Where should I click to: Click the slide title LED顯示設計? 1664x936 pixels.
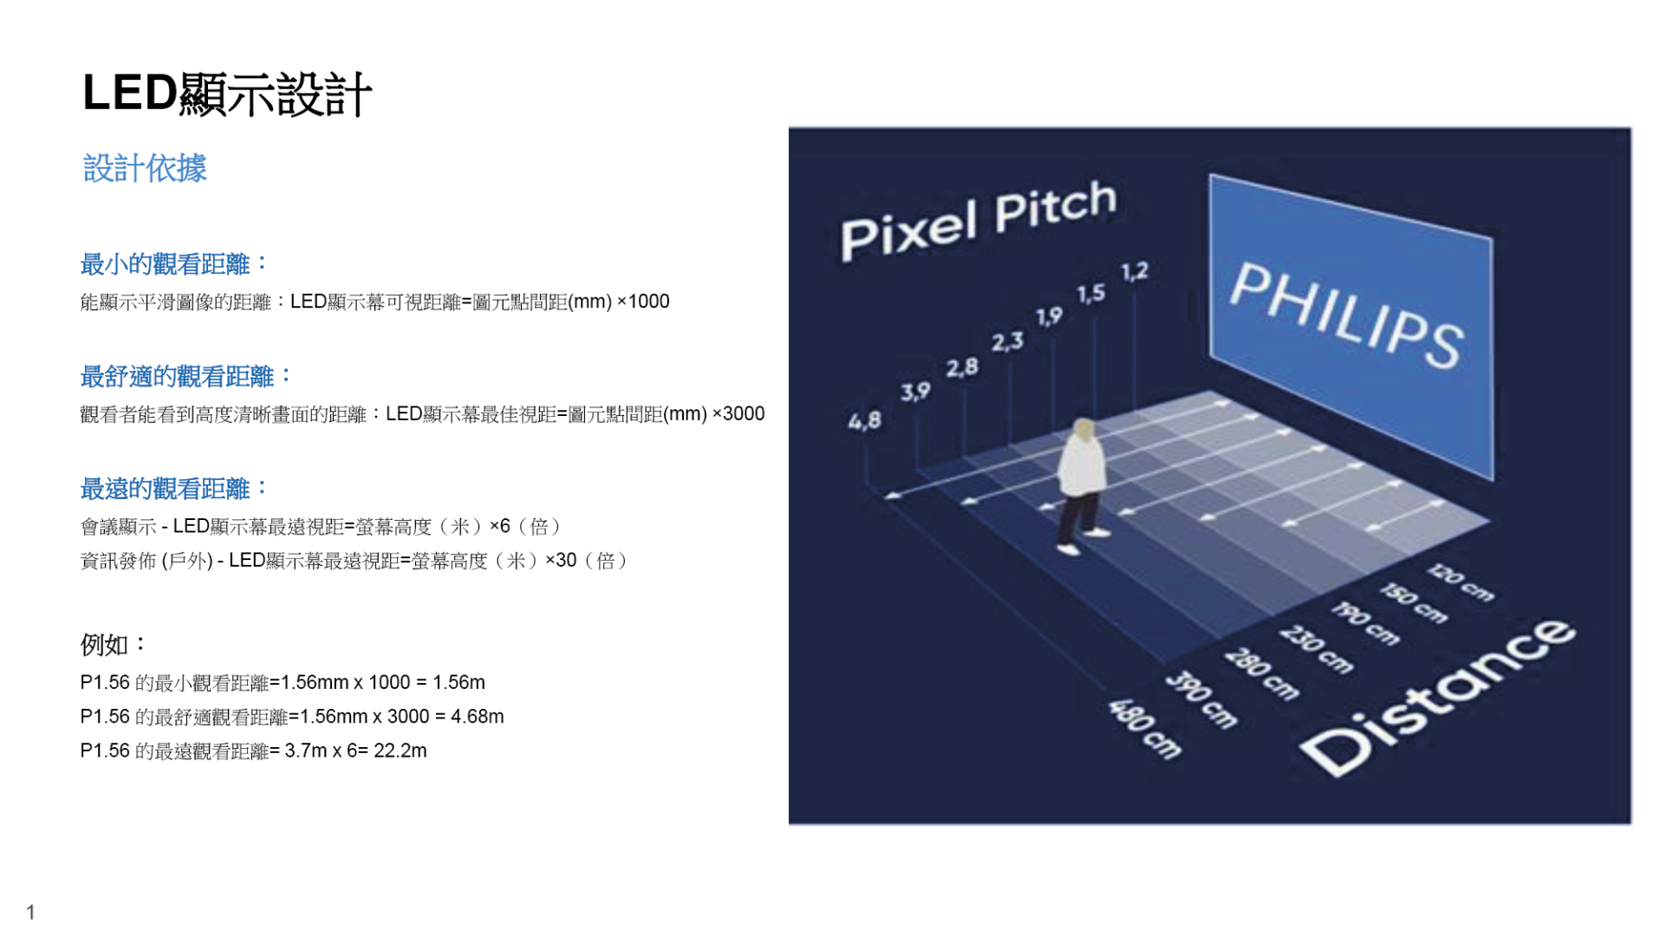click(x=227, y=94)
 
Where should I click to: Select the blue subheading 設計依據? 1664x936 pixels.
click(x=145, y=168)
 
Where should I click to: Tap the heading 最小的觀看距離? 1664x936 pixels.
click(x=174, y=263)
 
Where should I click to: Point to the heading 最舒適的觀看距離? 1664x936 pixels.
click(x=186, y=376)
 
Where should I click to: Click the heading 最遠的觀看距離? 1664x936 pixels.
click(x=174, y=489)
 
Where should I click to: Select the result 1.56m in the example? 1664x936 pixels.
click(x=458, y=683)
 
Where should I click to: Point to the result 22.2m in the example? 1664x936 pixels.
click(x=400, y=751)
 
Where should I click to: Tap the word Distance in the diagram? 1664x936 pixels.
click(x=1438, y=697)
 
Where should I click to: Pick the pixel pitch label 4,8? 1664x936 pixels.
click(x=864, y=421)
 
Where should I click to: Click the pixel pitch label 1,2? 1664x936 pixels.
click(x=1134, y=272)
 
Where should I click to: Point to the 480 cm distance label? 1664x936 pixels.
click(x=1145, y=729)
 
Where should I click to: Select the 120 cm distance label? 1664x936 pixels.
click(x=1461, y=582)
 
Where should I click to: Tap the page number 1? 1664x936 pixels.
click(x=31, y=912)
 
